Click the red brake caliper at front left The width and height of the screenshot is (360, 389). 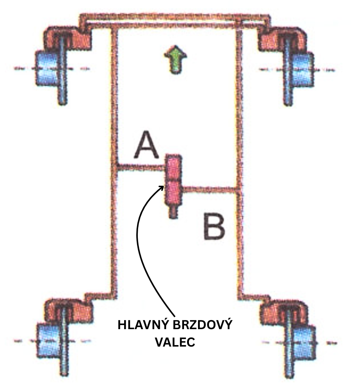coord(68,38)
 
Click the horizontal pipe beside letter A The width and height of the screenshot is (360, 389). coord(140,166)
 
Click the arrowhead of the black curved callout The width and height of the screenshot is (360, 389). coord(162,187)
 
